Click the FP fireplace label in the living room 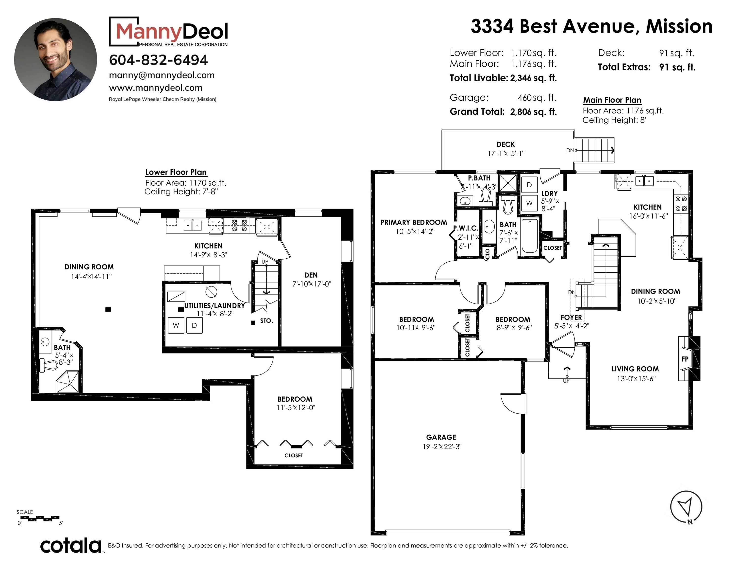click(685, 359)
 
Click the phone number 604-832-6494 click(158, 60)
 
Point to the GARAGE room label click(441, 437)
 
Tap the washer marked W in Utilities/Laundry click(176, 325)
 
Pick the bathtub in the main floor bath click(529, 236)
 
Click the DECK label click(506, 144)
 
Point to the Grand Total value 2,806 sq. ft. click(533, 112)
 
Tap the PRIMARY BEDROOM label click(414, 222)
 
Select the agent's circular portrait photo click(55, 60)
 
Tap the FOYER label click(571, 317)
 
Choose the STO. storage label click(266, 321)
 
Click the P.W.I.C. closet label click(466, 228)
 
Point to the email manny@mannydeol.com click(162, 75)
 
